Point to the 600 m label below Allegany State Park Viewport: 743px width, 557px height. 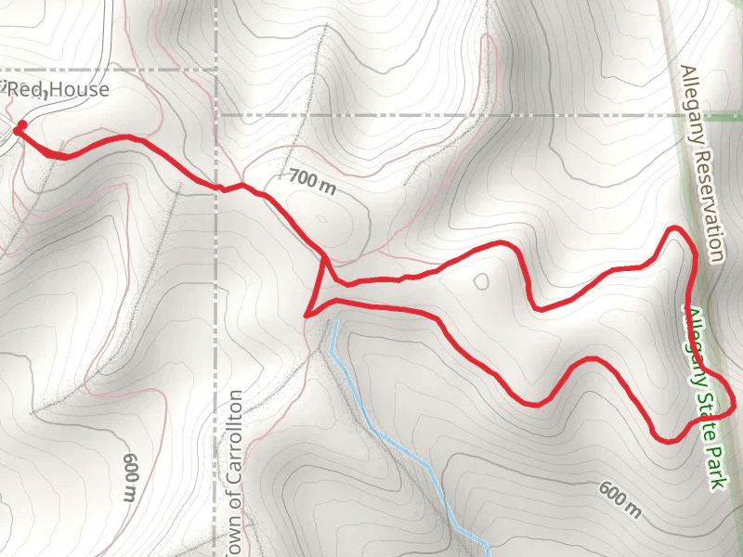pyautogui.click(x=619, y=500)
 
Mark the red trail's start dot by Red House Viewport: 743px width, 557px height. pyautogui.click(x=20, y=125)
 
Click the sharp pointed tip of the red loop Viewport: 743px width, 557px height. pyautogui.click(x=306, y=315)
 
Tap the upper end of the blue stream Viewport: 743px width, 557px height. pyautogui.click(x=332, y=322)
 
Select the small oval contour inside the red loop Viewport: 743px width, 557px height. pyautogui.click(x=481, y=281)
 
